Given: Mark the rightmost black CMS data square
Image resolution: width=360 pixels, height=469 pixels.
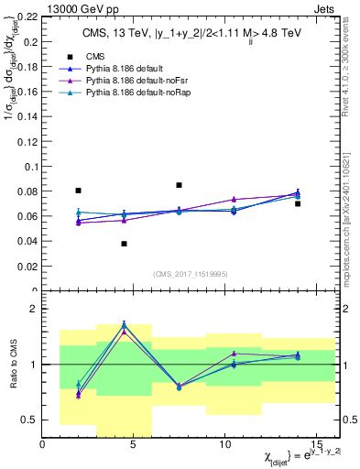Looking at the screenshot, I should pos(298,203).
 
